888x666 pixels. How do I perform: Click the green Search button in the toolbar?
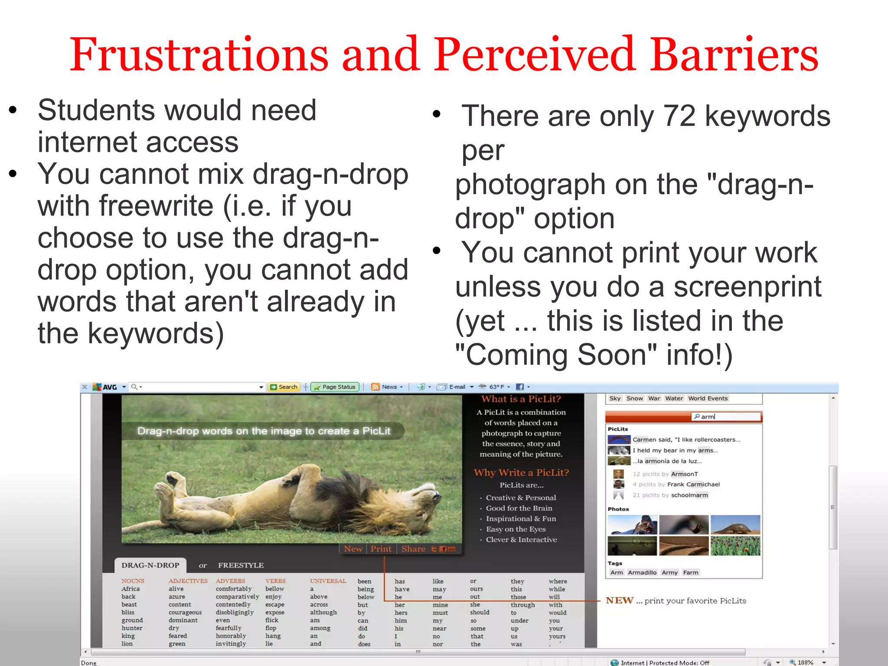click(284, 387)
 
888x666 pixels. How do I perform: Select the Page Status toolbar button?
click(335, 387)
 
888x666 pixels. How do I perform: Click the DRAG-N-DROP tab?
click(150, 565)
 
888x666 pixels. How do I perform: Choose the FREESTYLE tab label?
click(241, 565)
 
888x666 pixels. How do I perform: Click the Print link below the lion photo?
click(380, 549)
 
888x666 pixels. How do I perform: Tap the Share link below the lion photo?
click(413, 549)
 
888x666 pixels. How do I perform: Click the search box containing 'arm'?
click(726, 417)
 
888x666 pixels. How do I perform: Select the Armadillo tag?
click(642, 573)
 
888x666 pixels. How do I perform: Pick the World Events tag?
click(708, 398)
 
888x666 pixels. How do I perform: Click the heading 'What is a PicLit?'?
click(521, 399)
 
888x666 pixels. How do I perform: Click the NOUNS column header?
click(133, 581)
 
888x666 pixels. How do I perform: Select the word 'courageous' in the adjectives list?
click(185, 612)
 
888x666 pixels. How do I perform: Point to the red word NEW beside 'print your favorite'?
click(619, 601)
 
